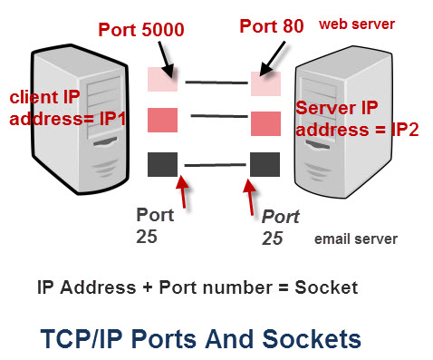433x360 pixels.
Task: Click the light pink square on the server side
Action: tap(266, 83)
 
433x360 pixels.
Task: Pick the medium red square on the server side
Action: tap(266, 122)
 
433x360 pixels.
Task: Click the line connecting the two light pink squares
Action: tap(216, 83)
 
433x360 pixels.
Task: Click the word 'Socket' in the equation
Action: tap(328, 287)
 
